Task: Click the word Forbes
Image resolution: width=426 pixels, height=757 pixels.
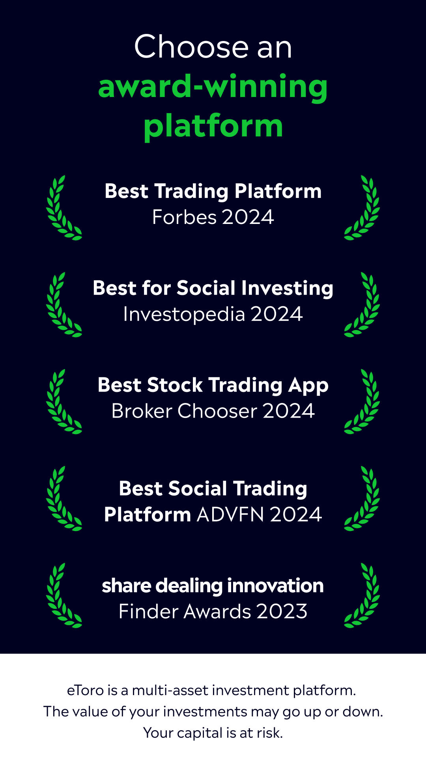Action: (184, 217)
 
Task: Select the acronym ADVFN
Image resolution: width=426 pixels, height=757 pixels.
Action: (230, 515)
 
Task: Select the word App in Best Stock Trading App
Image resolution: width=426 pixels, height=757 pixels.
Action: (308, 386)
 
